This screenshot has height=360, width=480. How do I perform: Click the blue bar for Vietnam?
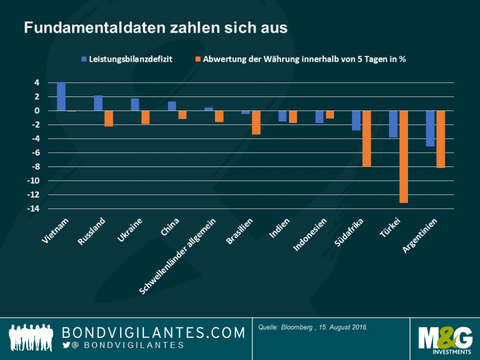tap(61, 97)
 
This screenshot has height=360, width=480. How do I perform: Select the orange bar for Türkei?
tap(403, 156)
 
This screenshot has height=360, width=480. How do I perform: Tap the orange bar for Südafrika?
tap(367, 138)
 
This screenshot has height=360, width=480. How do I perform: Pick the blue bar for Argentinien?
tap(430, 128)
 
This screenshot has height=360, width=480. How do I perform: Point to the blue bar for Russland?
tap(98, 103)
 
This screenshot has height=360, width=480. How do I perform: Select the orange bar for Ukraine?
tap(145, 117)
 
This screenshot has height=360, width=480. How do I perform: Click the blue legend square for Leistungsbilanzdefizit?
tap(83, 59)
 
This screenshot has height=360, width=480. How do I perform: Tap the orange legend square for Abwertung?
tap(198, 59)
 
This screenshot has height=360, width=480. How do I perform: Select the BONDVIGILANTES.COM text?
tap(153, 332)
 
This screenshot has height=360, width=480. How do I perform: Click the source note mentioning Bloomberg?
tap(313, 327)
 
